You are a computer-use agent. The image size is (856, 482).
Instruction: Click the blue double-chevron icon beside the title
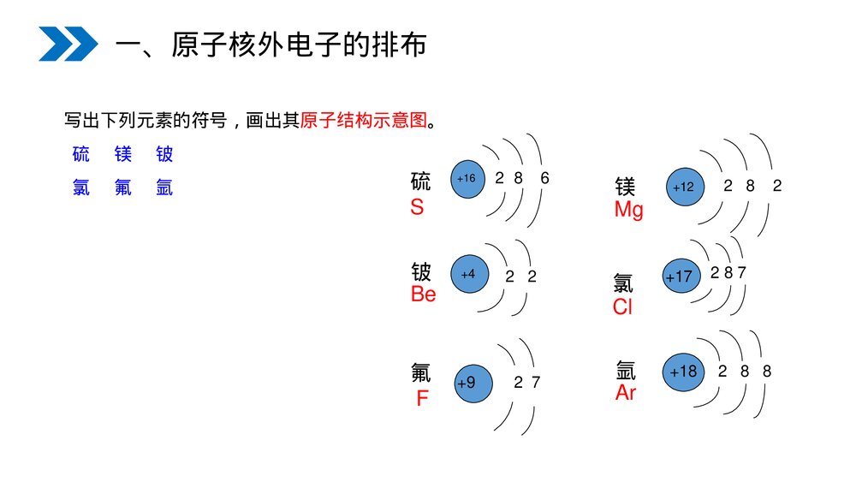68,44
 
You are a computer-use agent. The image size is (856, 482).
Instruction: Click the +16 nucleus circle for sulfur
467,179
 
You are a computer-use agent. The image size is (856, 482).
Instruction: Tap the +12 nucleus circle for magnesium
685,187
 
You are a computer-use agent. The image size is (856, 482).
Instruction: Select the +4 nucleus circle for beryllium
469,274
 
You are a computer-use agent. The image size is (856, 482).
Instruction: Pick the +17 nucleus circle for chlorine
680,277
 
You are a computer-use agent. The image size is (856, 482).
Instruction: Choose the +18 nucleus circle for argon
684,372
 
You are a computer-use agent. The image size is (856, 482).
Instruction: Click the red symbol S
417,207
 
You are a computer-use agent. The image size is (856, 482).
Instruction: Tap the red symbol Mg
628,210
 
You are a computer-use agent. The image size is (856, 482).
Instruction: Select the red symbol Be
423,295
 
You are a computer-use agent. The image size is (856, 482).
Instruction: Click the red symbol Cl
622,307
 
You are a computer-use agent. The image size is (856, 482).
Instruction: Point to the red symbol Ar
626,393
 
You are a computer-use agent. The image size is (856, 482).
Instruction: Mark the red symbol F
422,398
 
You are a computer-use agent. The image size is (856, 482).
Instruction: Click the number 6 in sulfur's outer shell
544,179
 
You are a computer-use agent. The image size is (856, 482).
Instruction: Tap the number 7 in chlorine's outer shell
741,273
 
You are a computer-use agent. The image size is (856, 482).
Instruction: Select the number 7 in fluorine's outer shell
536,383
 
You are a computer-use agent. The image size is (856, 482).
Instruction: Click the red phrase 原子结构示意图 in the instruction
363,121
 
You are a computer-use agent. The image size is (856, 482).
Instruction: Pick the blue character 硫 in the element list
81,154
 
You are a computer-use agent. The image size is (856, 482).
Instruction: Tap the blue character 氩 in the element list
164,187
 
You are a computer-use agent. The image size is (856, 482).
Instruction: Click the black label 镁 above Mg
625,187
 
